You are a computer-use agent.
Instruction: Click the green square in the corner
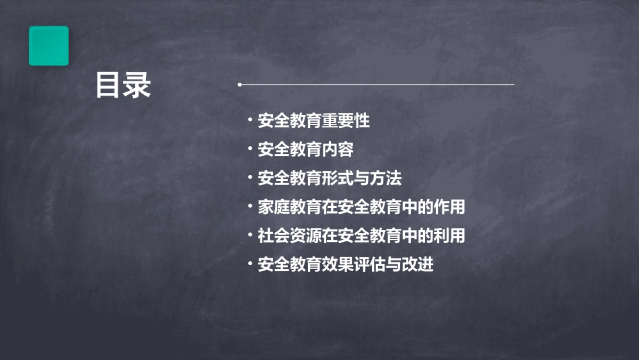coord(48,46)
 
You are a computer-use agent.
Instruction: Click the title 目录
coord(122,85)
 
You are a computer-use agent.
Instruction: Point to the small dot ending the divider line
coord(239,85)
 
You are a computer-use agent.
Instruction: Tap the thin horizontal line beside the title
coord(377,85)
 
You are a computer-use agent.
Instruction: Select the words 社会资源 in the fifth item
coord(290,236)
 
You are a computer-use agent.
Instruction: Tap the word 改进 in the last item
coord(418,265)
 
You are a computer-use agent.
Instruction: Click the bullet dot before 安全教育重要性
coord(250,121)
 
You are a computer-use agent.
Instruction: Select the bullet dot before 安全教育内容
coord(250,149)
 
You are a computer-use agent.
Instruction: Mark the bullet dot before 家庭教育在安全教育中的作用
coord(250,207)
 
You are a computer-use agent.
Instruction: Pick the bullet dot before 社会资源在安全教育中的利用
coord(250,236)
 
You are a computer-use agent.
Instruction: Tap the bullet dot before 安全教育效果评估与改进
coord(250,264)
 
